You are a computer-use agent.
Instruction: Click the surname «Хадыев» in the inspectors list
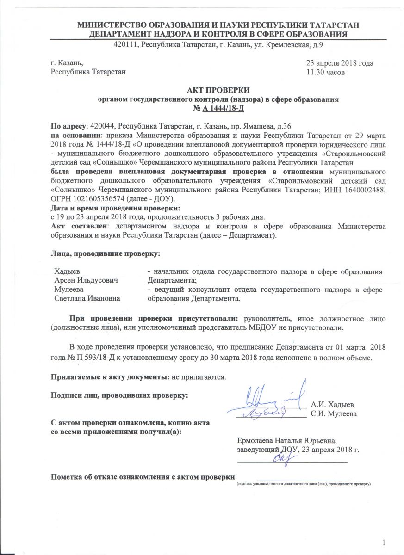pos(68,271)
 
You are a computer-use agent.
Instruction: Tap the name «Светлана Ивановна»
pos(87,298)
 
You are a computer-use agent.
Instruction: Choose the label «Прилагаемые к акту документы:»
pos(110,376)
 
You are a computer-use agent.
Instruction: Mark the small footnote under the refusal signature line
pos(304,483)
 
